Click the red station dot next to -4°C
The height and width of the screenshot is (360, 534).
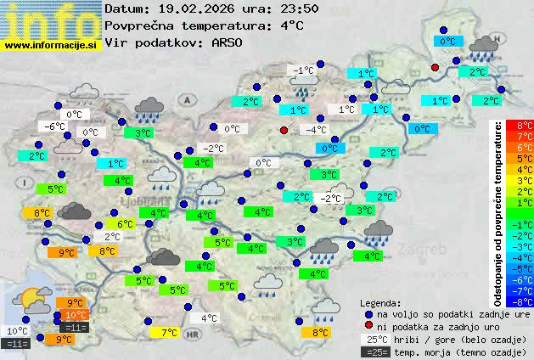pyautogui.click(x=284, y=130)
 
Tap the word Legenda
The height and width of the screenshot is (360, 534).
pyautogui.click(x=380, y=302)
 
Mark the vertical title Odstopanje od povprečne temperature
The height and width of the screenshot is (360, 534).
pyautogui.click(x=498, y=212)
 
